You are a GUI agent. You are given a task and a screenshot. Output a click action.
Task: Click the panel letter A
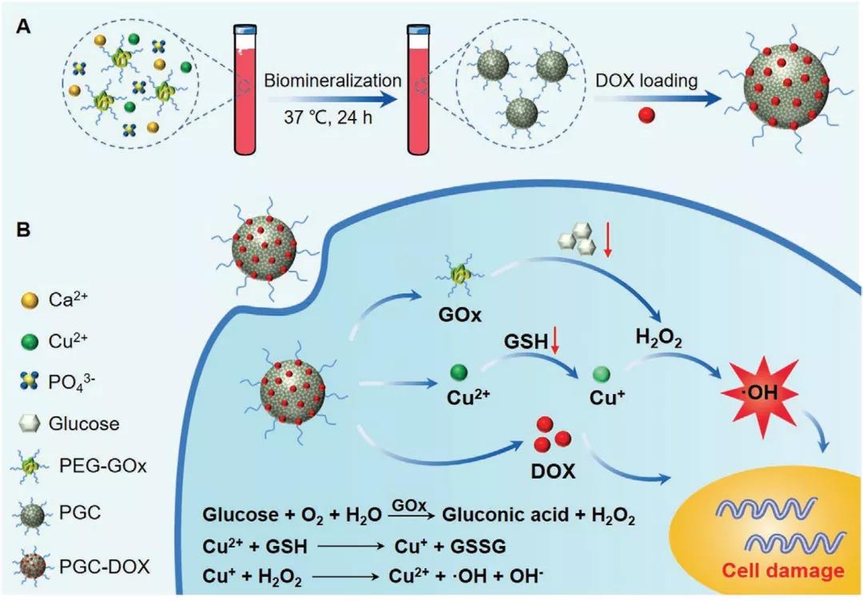click(24, 26)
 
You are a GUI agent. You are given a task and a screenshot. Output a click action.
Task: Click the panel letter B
click(24, 229)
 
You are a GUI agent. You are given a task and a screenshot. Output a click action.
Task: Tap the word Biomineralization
click(332, 81)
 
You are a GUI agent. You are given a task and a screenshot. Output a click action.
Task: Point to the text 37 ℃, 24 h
click(328, 117)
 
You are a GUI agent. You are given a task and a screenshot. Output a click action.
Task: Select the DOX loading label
click(646, 81)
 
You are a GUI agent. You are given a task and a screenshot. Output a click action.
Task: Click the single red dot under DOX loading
click(646, 116)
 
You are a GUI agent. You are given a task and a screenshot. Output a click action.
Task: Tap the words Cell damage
click(782, 570)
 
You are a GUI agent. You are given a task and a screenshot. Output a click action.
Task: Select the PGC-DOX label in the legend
click(104, 567)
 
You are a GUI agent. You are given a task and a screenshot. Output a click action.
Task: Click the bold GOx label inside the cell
click(460, 316)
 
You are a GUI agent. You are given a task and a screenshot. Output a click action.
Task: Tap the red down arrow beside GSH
click(555, 341)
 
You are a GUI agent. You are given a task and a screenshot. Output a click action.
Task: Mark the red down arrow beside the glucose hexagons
click(607, 243)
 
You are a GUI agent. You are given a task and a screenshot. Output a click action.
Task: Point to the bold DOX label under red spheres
click(553, 472)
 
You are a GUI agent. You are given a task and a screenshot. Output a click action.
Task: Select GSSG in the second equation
click(478, 546)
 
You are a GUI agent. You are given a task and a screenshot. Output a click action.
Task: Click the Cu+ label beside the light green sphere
click(607, 397)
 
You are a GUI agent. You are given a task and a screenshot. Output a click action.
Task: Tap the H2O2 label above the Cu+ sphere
click(658, 337)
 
